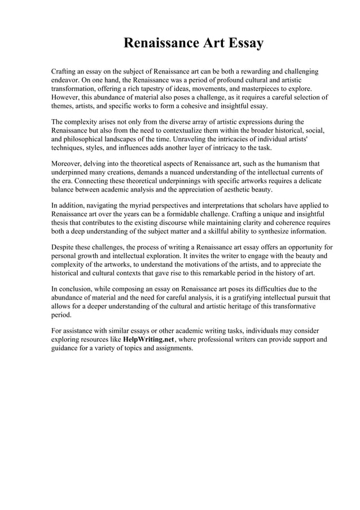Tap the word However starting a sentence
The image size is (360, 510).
(67, 98)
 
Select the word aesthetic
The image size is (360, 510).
(231, 190)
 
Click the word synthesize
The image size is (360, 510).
(273, 231)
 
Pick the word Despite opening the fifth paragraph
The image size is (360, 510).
(65, 247)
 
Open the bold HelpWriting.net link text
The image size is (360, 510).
(149, 340)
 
